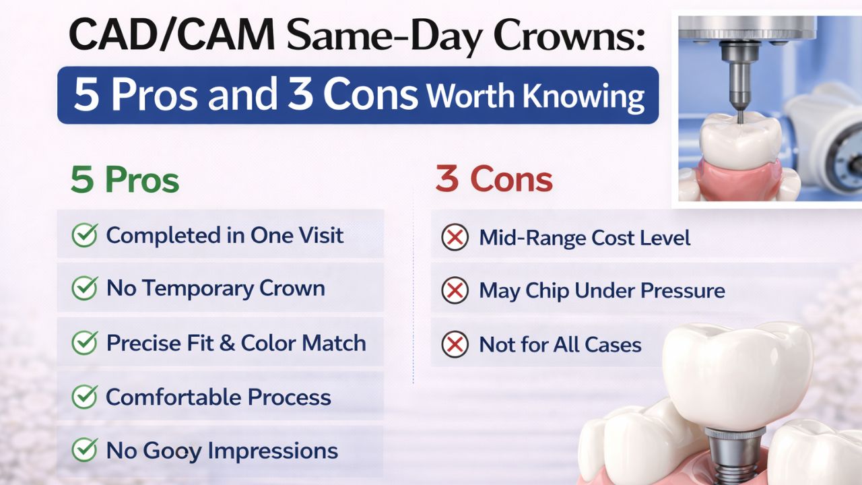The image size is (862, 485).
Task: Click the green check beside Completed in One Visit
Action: tap(84, 236)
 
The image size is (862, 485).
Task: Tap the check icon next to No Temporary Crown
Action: tap(84, 289)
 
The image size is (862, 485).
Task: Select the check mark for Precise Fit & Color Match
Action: tap(84, 343)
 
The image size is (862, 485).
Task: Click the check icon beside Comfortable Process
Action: tap(84, 397)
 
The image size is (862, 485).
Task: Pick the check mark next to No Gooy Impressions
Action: tap(84, 451)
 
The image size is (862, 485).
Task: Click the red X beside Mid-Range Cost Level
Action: tap(455, 238)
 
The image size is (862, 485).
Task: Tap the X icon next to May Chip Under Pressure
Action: tap(455, 291)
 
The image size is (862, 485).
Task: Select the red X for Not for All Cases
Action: tap(455, 345)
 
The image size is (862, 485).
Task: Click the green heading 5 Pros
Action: tap(125, 181)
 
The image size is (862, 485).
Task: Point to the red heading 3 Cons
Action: tap(494, 179)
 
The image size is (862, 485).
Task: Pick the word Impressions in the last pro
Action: tap(280, 451)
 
